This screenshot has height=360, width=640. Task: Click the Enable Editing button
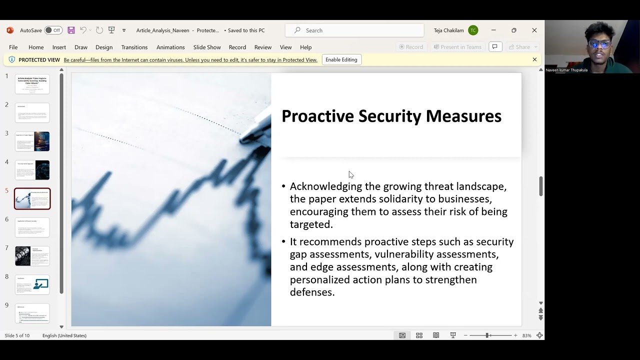coord(341,59)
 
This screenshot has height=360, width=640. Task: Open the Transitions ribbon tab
coord(134,47)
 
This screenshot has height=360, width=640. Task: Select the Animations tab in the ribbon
coord(170,47)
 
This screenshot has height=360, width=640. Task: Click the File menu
coord(13,47)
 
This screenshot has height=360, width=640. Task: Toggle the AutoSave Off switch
coord(53,30)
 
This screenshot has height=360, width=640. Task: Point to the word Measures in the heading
coord(463,116)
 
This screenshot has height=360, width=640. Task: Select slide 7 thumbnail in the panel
coord(32,256)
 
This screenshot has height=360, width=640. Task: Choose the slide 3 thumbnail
coord(32,141)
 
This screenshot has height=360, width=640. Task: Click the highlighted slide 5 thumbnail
coord(32,198)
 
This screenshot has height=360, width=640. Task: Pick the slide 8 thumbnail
coord(32,284)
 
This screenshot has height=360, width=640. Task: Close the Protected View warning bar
coord(534,59)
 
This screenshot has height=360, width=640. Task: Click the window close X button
coord(534,30)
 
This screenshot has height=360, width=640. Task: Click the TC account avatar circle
coord(473,30)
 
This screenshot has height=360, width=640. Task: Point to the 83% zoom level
coord(526,335)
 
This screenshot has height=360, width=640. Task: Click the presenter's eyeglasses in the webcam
coord(599,44)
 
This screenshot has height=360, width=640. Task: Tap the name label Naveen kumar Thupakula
coord(566,70)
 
